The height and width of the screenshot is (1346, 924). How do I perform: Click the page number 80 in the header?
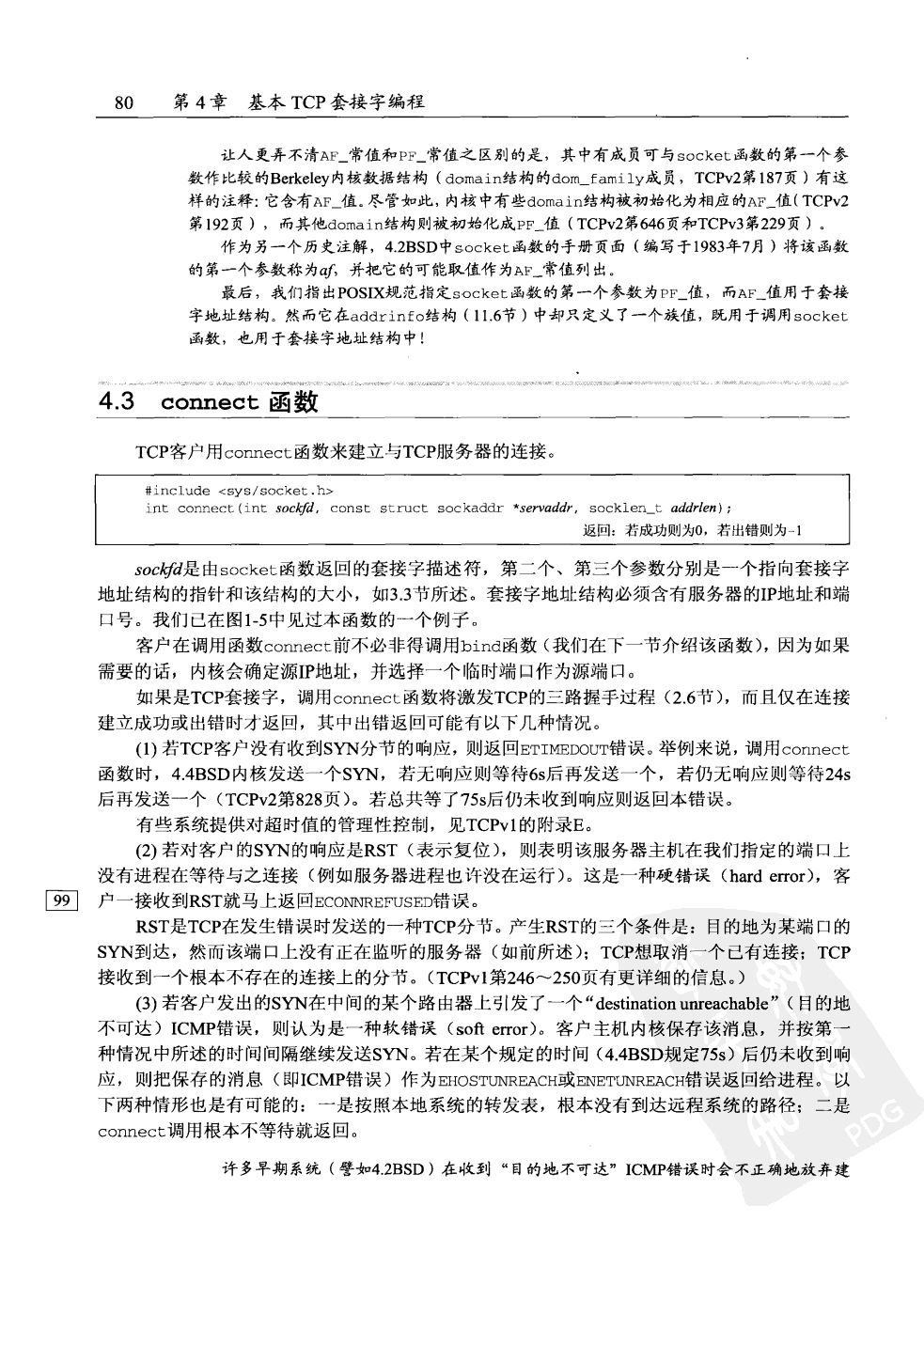point(125,102)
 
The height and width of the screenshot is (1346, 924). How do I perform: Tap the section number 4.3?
point(118,402)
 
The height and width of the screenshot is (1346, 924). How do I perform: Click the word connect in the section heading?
point(210,403)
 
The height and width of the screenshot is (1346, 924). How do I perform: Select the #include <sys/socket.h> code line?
point(240,490)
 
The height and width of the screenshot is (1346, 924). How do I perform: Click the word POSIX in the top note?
point(338,294)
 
